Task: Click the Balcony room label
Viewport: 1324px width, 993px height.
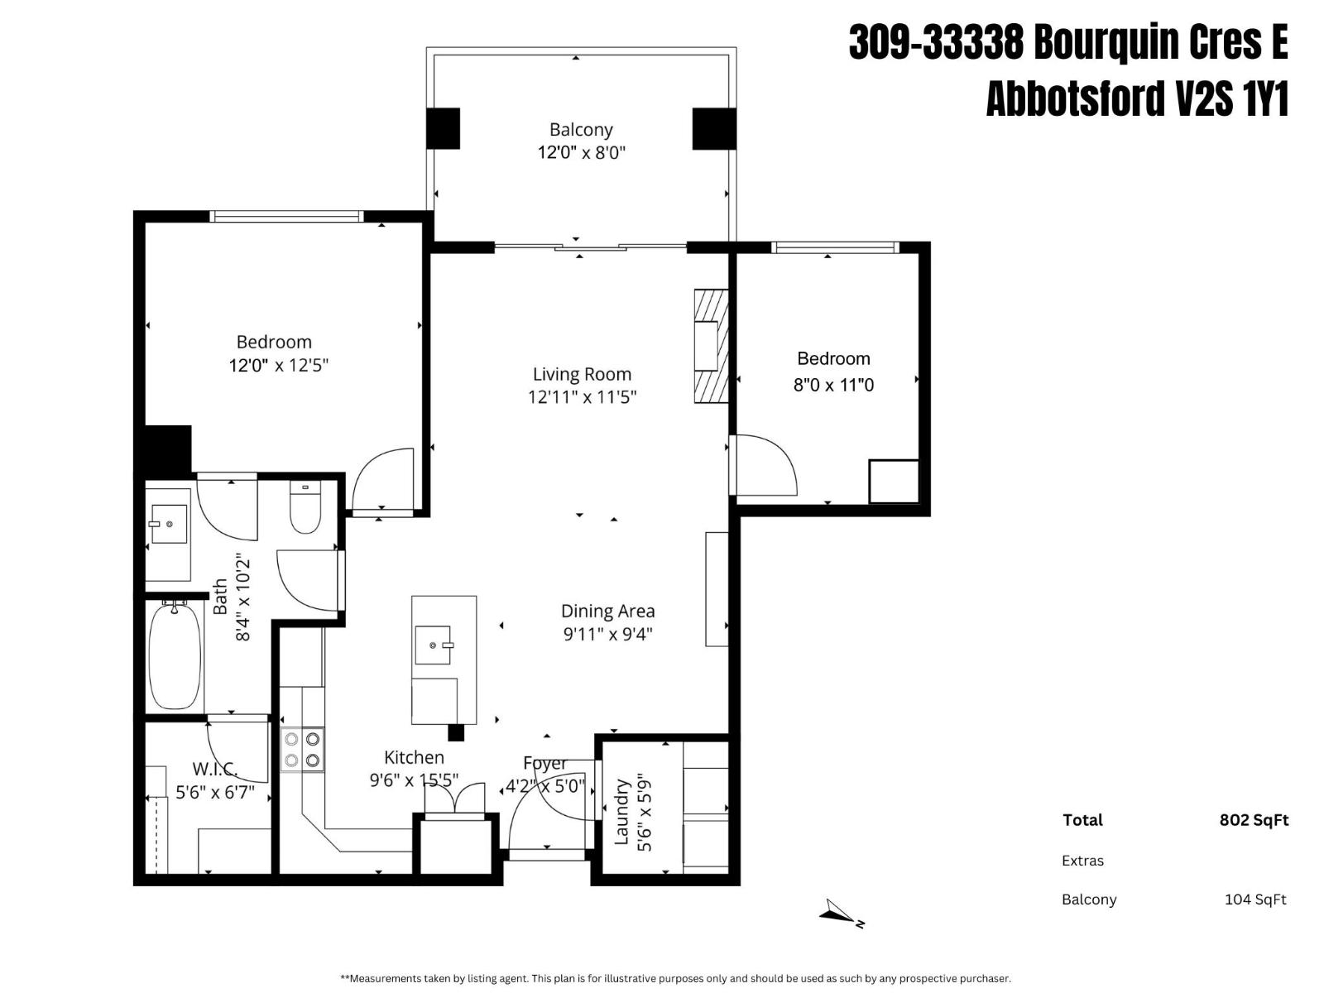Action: (x=581, y=130)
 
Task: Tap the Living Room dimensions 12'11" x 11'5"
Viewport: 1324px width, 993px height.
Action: (x=582, y=397)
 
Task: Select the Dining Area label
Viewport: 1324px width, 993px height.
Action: (x=607, y=612)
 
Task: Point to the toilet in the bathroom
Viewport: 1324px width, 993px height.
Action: (x=305, y=509)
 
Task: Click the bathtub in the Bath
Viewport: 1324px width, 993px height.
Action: (x=175, y=655)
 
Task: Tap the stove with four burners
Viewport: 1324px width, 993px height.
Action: (x=302, y=750)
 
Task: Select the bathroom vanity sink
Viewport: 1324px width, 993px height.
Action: (x=168, y=525)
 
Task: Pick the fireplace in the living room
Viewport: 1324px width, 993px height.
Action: (x=710, y=346)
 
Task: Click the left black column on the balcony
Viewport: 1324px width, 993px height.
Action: (x=443, y=129)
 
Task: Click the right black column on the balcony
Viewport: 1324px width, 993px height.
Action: (x=713, y=129)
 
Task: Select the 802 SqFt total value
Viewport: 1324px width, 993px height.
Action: (x=1254, y=820)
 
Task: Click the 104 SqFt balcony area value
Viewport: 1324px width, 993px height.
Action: (x=1254, y=899)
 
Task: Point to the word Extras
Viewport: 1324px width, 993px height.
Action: (x=1082, y=861)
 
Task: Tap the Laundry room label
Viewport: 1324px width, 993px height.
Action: (x=621, y=812)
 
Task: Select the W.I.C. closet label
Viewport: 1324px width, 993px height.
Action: (x=215, y=769)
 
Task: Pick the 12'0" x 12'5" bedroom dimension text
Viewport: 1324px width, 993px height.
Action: (x=279, y=366)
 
